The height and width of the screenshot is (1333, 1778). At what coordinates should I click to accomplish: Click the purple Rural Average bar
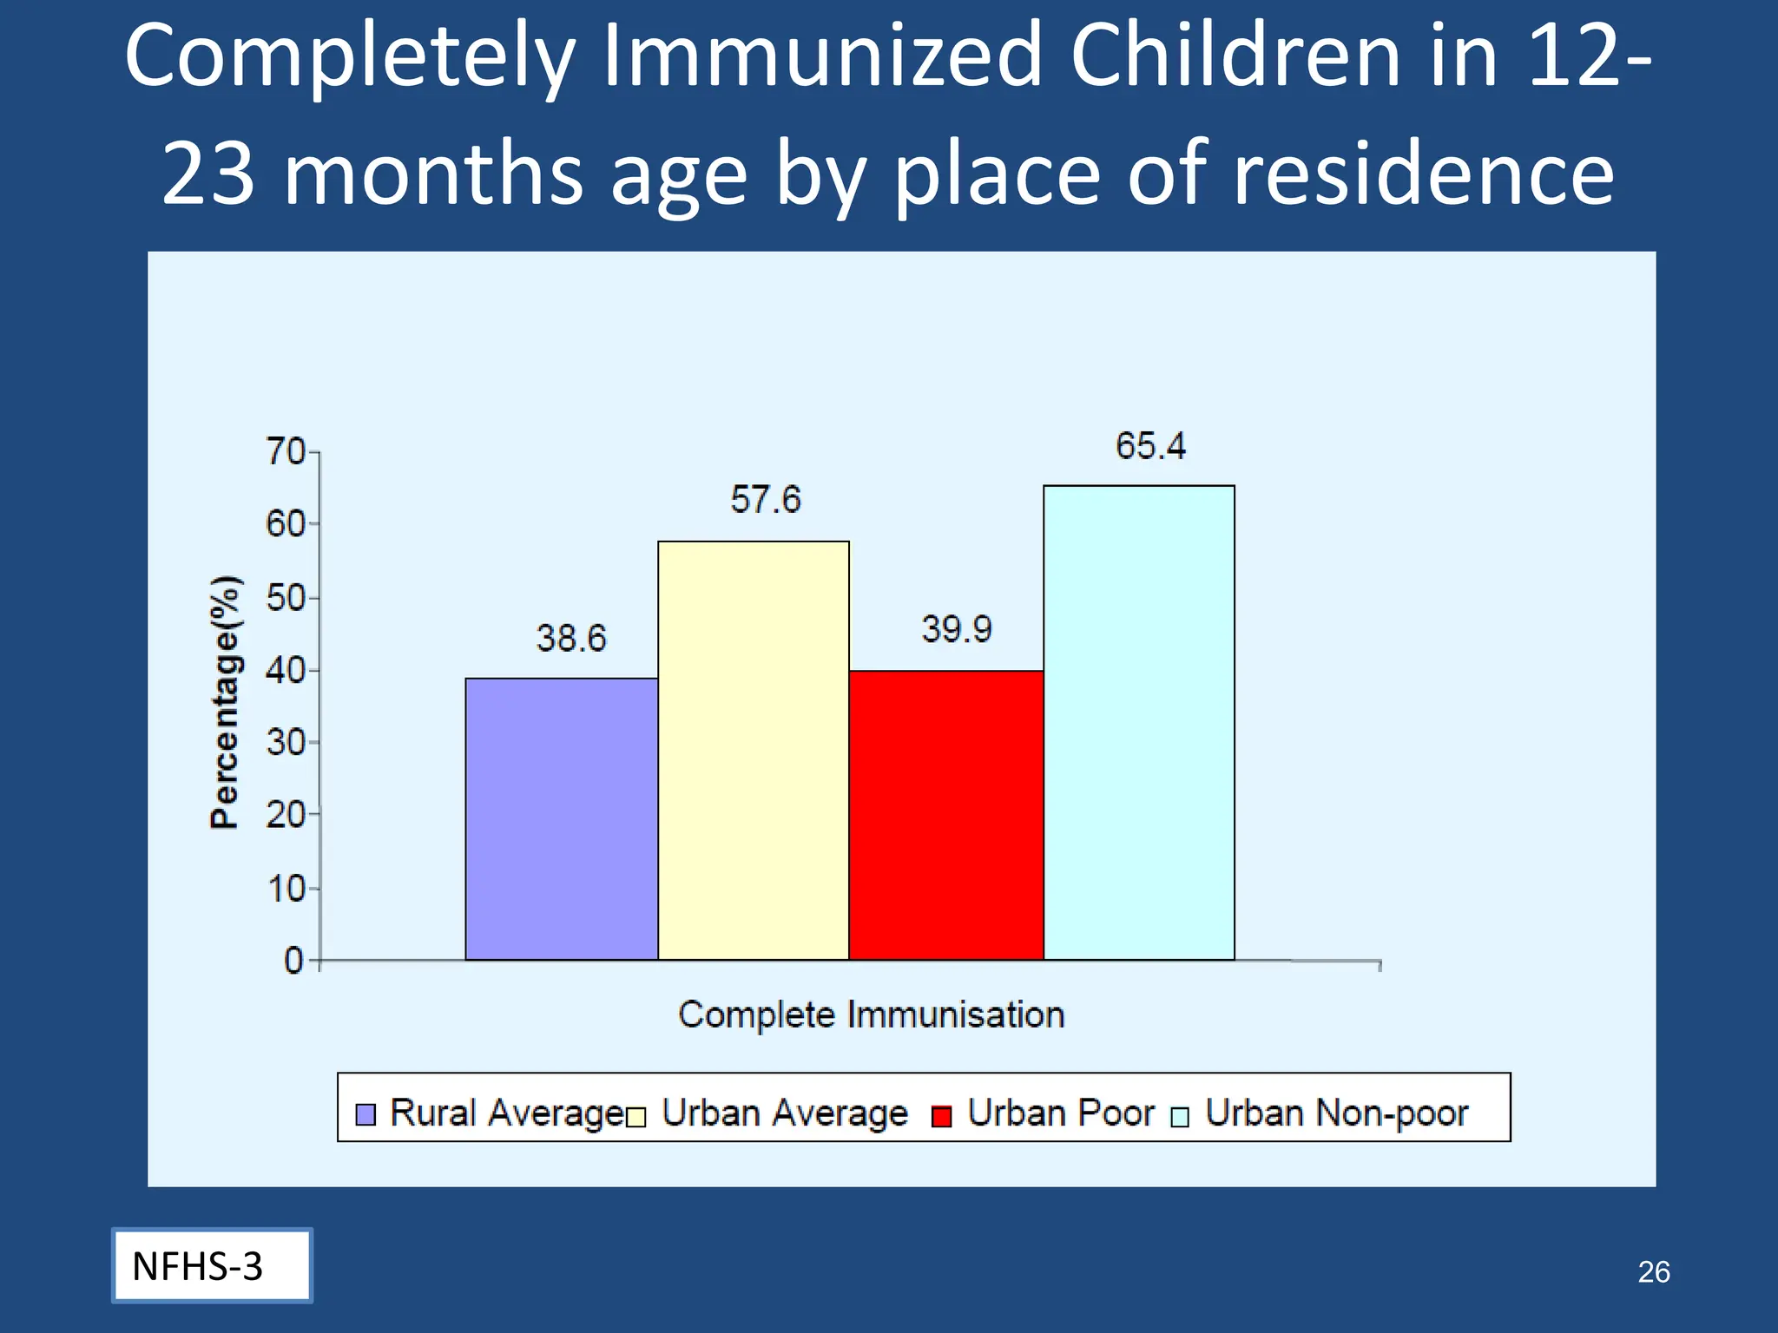561,818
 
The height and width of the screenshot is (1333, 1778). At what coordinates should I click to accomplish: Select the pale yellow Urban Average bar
754,751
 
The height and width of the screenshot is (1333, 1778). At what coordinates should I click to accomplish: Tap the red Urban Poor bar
946,815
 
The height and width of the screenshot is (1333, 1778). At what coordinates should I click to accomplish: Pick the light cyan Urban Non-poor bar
1139,722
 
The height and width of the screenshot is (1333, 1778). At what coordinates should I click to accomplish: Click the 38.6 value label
570,639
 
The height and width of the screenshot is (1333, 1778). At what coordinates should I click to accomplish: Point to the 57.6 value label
765,500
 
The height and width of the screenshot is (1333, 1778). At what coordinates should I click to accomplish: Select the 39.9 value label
956,629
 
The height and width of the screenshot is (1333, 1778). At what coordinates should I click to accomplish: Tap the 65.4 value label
1150,446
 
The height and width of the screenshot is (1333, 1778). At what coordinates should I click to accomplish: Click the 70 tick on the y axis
286,452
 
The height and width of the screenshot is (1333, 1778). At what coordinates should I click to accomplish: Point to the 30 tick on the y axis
286,743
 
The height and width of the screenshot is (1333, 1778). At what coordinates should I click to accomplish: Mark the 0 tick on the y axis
294,961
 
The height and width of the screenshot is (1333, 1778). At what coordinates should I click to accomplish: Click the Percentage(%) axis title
225,702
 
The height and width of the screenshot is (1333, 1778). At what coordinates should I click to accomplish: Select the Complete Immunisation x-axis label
871,1015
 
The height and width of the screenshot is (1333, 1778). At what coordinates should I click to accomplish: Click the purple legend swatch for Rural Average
365,1114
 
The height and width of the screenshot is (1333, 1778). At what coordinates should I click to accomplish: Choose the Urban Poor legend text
1061,1113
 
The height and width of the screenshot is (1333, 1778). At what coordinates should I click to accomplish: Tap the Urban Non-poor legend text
1336,1113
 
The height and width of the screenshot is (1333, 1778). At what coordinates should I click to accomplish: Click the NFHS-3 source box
212,1265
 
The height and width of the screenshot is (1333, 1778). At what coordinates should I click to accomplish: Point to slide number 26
1653,1271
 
